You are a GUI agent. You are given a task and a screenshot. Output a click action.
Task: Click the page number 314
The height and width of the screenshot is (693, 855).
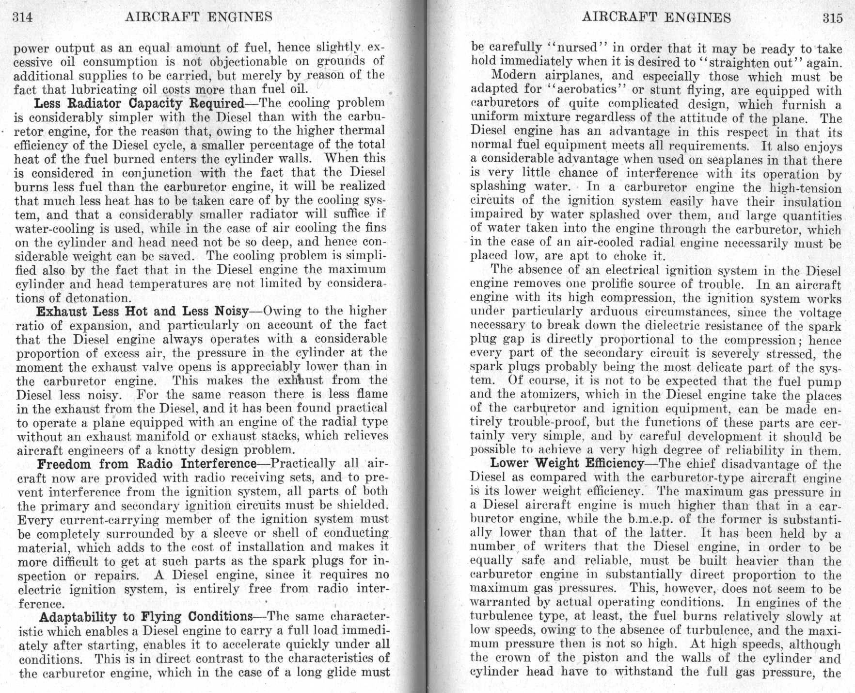22,17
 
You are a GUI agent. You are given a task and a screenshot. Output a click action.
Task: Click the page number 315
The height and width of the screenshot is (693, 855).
833,18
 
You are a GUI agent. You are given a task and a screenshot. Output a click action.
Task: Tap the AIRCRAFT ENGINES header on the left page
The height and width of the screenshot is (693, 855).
199,17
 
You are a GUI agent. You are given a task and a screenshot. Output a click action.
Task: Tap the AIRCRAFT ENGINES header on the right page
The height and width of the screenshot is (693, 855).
656,17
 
